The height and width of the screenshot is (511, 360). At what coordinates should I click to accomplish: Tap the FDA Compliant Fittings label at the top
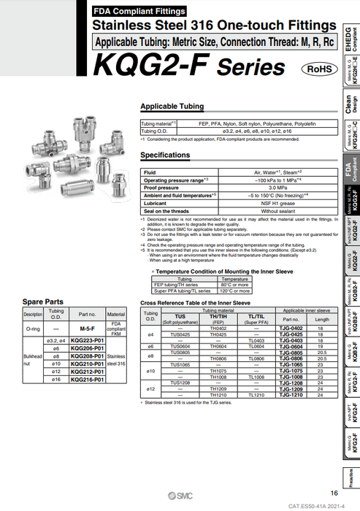coord(139,12)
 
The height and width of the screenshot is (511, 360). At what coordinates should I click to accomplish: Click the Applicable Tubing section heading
coord(172,106)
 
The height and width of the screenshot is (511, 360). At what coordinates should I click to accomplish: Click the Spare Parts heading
coord(43,301)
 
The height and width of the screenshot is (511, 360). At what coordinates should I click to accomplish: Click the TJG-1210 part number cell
coord(291,394)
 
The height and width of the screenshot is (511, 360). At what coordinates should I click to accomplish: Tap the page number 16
coord(334,493)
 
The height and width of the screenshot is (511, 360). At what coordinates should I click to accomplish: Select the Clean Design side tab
coord(351,104)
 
